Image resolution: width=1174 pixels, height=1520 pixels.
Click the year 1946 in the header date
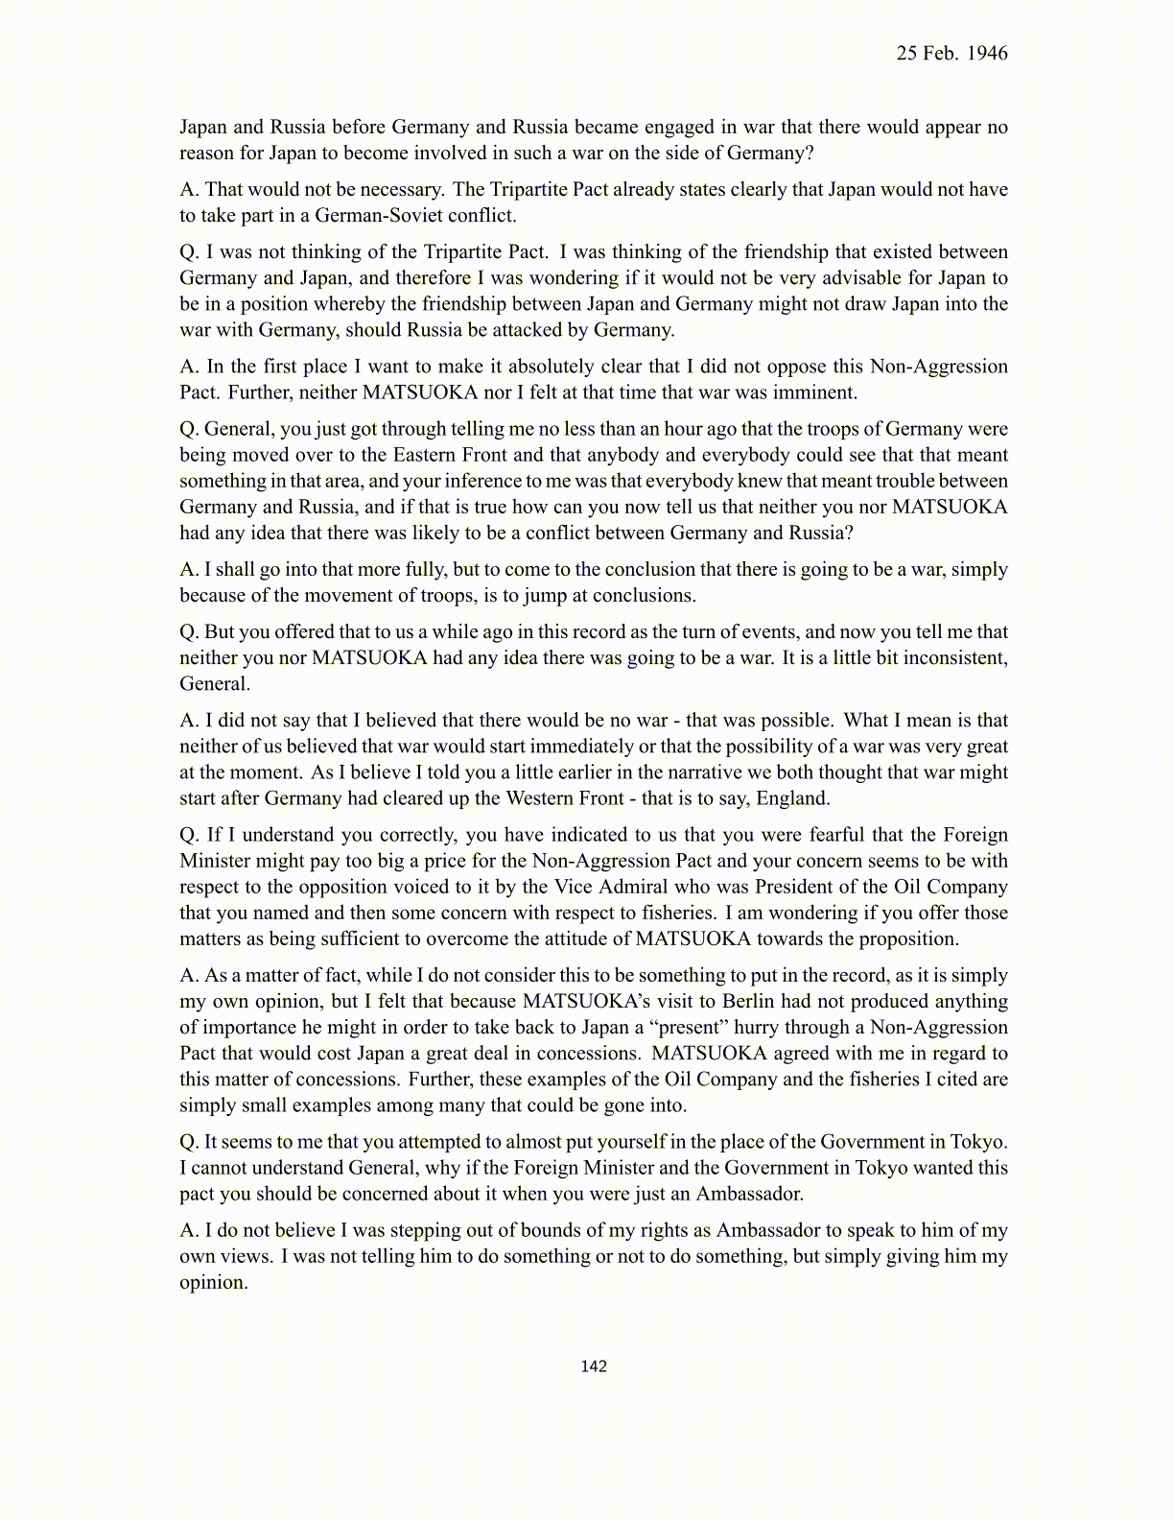988,54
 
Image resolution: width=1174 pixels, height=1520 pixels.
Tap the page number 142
594,1366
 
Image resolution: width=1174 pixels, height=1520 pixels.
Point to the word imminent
813,392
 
